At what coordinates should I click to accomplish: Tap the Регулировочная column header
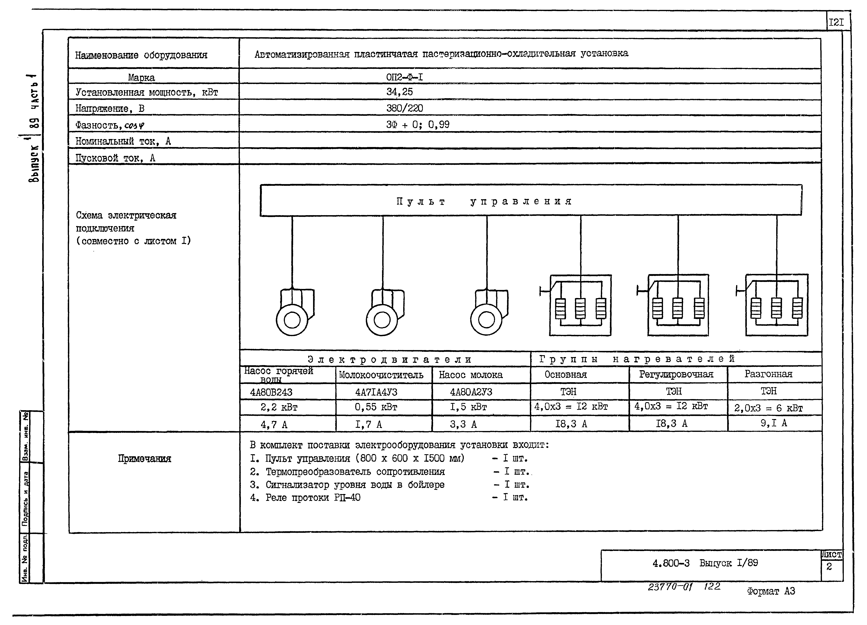[676, 374]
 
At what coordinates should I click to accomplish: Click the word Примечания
[144, 459]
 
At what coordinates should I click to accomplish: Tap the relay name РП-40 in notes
[347, 498]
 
